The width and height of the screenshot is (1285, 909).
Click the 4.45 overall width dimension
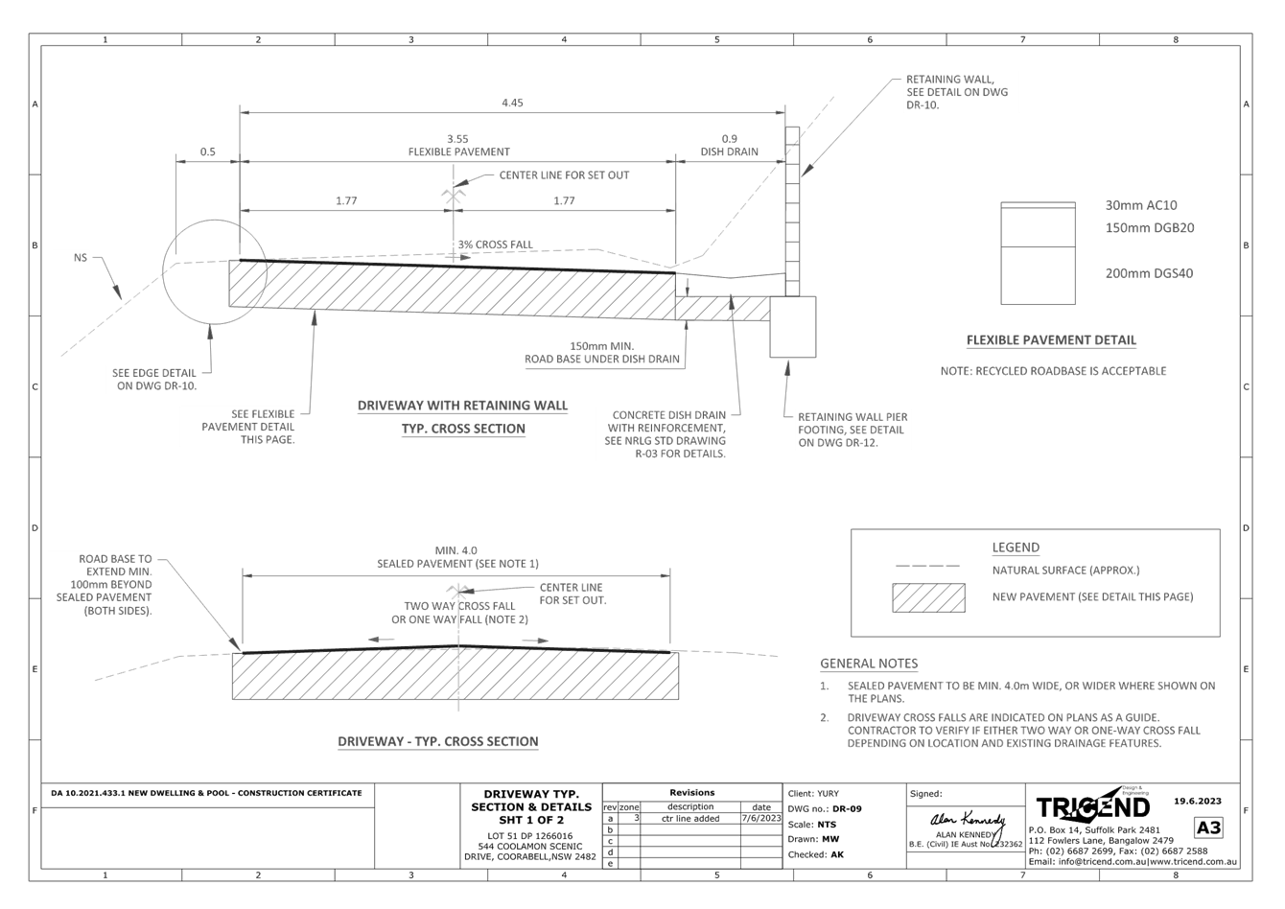pyautogui.click(x=513, y=103)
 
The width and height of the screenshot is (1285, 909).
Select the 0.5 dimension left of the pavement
pyautogui.click(x=208, y=151)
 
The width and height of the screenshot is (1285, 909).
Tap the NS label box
pyautogui.click(x=70, y=257)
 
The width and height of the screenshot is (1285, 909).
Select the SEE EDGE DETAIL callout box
pyautogui.click(x=152, y=379)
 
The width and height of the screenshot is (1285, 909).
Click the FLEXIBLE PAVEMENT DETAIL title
pyautogui.click(x=1051, y=340)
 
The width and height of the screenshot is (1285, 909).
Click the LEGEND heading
pyautogui.click(x=1016, y=548)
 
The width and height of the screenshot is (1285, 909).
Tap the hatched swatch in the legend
pyautogui.click(x=927, y=597)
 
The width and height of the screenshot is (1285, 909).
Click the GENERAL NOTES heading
pyautogui.click(x=869, y=664)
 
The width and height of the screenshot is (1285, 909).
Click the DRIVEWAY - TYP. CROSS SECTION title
pyautogui.click(x=438, y=741)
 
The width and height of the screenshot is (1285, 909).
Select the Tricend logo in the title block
pyautogui.click(x=1092, y=805)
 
